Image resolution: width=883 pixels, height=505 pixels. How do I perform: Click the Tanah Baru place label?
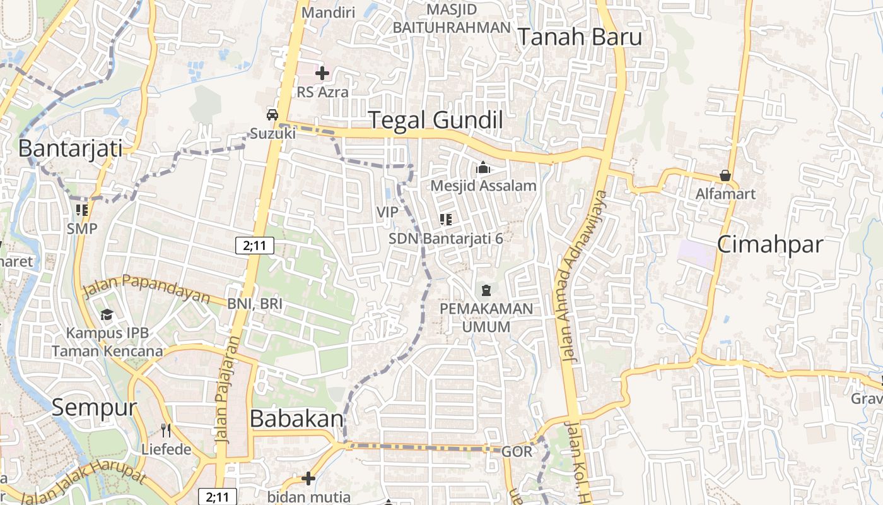[580, 37]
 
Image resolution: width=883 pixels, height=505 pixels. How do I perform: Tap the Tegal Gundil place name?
[435, 119]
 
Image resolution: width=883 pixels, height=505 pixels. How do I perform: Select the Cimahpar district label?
[770, 244]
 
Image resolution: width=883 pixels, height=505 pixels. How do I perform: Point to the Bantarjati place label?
[70, 148]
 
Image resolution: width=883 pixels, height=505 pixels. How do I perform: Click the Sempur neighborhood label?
[94, 407]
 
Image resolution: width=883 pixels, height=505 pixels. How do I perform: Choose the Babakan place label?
[297, 418]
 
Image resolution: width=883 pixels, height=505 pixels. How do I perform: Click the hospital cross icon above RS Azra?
[322, 73]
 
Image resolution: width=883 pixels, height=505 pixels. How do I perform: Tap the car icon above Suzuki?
[272, 115]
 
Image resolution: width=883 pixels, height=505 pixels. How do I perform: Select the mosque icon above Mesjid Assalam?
[484, 167]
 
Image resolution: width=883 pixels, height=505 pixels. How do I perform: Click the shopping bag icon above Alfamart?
[725, 175]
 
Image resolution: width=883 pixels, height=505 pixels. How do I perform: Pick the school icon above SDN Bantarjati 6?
[446, 220]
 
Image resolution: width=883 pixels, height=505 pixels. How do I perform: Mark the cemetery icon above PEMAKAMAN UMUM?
[486, 290]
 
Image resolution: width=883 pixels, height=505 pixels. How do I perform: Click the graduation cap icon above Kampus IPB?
[107, 314]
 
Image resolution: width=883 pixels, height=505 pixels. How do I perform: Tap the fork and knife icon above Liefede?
[167, 431]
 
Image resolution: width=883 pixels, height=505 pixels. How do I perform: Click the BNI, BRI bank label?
[255, 304]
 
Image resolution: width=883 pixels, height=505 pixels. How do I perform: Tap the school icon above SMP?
[82, 210]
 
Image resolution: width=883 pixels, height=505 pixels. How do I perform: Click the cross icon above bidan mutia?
[308, 478]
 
